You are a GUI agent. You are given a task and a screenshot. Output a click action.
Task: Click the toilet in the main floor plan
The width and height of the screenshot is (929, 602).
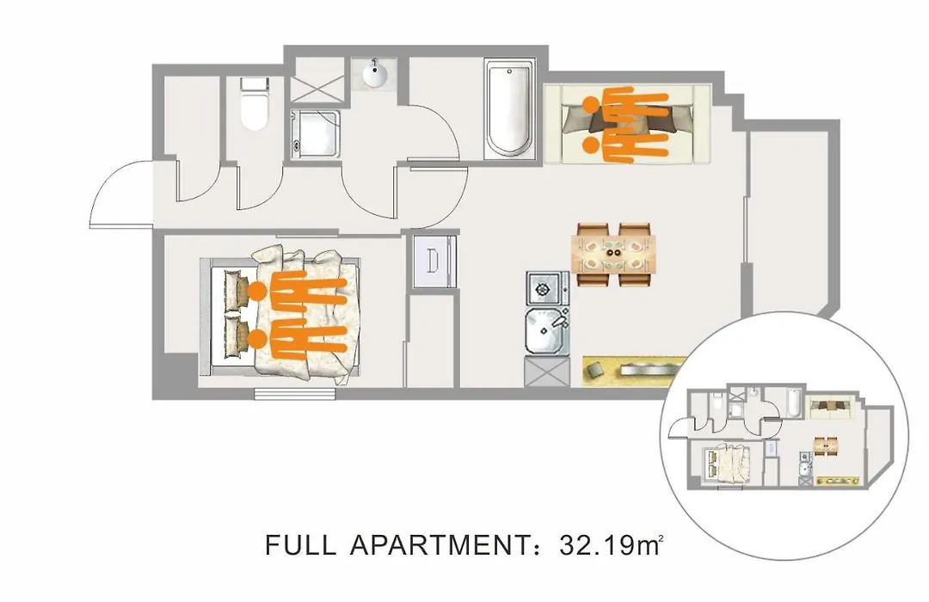click(255, 104)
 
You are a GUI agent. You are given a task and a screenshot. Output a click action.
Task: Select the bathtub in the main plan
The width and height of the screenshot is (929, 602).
click(509, 108)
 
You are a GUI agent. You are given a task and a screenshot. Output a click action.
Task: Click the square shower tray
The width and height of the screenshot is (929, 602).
click(316, 134)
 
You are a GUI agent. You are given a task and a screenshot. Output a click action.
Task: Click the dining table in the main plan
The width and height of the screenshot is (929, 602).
click(614, 255)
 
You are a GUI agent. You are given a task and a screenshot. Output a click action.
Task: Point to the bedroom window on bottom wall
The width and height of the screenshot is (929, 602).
click(294, 393)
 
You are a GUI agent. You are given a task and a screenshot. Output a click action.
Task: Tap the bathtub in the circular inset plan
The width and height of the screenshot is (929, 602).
click(795, 404)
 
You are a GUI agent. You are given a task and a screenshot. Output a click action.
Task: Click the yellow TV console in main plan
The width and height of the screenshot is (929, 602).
click(635, 371)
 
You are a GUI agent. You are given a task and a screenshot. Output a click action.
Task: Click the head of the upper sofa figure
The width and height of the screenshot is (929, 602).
click(591, 104)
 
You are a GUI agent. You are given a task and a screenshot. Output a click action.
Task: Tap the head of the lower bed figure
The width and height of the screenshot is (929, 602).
click(257, 340)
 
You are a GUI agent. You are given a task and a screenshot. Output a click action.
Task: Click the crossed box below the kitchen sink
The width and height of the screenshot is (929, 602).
click(546, 372)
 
